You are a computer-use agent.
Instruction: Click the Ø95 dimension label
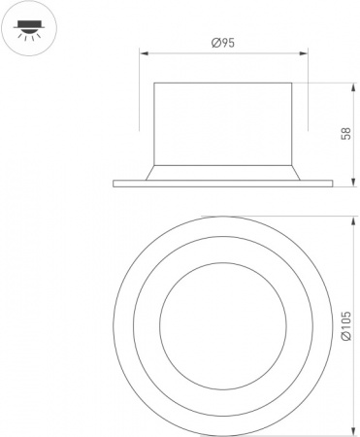[x=223, y=43]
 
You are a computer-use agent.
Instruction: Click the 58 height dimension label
[x=345, y=133]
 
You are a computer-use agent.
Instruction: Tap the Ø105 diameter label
[x=345, y=325]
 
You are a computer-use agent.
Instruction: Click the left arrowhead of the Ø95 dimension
[x=143, y=53]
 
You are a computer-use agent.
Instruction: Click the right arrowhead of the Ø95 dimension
[x=304, y=53]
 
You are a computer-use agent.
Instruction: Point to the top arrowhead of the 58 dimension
[x=352, y=86]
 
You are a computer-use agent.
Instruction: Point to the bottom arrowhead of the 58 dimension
[x=352, y=183]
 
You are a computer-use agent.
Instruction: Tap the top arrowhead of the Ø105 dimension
[x=352, y=219]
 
